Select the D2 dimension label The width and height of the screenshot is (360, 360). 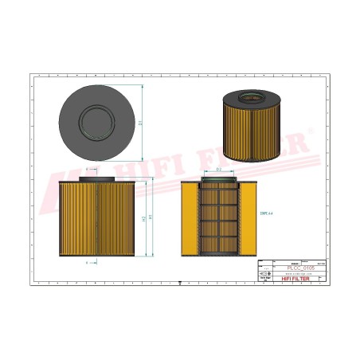click(218, 170)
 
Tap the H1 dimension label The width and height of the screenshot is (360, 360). click(151, 217)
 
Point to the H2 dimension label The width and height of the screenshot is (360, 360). click(143, 218)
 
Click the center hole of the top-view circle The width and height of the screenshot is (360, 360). click(96, 123)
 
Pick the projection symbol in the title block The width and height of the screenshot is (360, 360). click(266, 273)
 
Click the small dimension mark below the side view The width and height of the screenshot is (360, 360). click(88, 261)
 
